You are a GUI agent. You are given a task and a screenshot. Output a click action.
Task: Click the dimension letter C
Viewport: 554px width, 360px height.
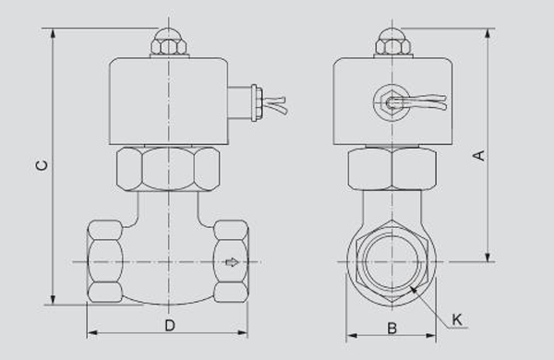point(42,165)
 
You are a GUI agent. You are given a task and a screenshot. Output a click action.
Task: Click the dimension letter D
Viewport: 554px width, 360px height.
point(170,325)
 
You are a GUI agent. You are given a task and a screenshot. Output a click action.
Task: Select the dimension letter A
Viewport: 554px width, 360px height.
point(479,155)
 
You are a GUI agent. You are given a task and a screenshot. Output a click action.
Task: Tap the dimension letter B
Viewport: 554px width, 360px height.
point(391,329)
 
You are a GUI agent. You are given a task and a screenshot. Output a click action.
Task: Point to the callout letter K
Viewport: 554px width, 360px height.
point(457,319)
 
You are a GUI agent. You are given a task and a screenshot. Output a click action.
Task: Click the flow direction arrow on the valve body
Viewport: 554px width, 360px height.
point(232,262)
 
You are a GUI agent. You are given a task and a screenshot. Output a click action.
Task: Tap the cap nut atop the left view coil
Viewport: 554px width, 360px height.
point(169,42)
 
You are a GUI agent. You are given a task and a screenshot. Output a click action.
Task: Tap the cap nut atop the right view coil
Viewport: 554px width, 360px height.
point(393,42)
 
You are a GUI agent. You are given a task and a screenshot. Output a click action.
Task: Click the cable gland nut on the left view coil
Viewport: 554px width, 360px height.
point(255,102)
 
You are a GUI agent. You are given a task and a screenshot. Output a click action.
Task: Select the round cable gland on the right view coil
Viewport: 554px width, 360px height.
point(391,102)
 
